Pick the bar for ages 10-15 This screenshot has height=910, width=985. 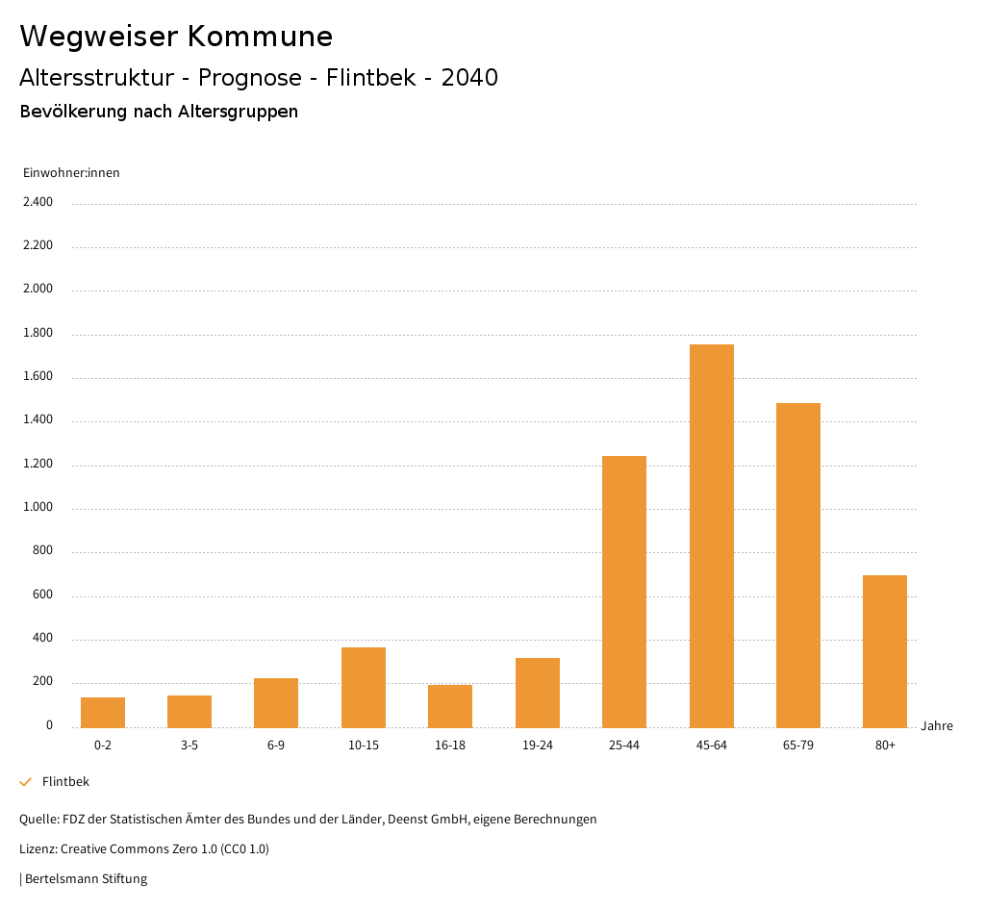(x=364, y=687)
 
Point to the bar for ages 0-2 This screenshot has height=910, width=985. (x=103, y=712)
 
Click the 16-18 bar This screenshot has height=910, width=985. (x=450, y=706)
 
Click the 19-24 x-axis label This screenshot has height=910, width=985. (x=538, y=746)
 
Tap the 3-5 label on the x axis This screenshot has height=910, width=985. (x=189, y=746)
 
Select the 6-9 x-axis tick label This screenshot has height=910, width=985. (x=276, y=746)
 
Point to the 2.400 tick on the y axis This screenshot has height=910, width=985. (x=38, y=202)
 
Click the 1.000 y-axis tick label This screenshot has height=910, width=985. (x=38, y=508)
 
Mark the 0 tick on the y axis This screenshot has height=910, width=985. (x=49, y=725)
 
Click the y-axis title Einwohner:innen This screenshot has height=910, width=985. (x=71, y=173)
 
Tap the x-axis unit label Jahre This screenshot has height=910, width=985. (x=937, y=726)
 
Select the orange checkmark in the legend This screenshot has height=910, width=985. (x=26, y=782)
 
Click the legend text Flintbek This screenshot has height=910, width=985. (x=65, y=782)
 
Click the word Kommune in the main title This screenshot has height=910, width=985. (x=260, y=37)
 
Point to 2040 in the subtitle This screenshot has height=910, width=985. (x=469, y=78)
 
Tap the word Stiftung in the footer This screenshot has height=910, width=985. (x=124, y=878)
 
